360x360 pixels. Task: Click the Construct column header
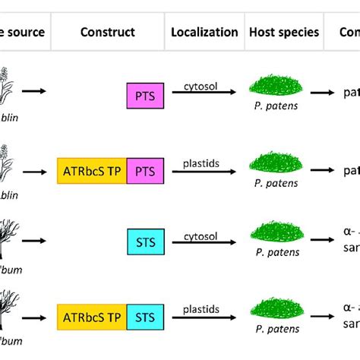point(107,32)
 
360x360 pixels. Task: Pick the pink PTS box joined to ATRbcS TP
point(142,171)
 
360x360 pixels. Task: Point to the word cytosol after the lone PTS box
point(201,86)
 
